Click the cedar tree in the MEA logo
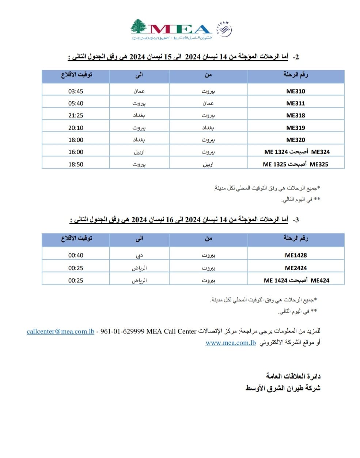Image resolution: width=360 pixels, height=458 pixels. coord(139,28)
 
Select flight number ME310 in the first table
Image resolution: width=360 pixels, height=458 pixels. coord(295,91)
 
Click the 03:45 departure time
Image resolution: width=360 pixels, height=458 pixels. coord(76,91)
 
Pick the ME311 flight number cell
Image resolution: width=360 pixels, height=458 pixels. coord(295,103)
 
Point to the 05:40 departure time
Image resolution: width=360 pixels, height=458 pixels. coord(76,103)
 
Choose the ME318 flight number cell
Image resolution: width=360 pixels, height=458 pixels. coord(295,115)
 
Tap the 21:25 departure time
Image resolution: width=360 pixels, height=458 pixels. coord(76,115)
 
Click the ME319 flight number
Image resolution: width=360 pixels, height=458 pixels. coord(295,128)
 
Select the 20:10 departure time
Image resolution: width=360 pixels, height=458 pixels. coord(76,128)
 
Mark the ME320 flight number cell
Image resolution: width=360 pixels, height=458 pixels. coord(295,140)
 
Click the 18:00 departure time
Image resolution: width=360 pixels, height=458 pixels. coord(76,140)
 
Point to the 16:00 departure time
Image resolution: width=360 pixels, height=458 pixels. coord(76,152)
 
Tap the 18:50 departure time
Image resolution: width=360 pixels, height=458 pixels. coord(76,164)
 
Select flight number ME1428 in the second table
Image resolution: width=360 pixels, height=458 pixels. coord(296,255)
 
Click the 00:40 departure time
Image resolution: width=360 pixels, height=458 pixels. coord(76,255)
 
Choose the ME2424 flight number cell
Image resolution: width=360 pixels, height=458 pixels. coord(296,268)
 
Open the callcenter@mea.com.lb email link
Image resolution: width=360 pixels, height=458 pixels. coord(60,332)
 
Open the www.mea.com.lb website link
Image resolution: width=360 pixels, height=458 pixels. coord(231,343)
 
